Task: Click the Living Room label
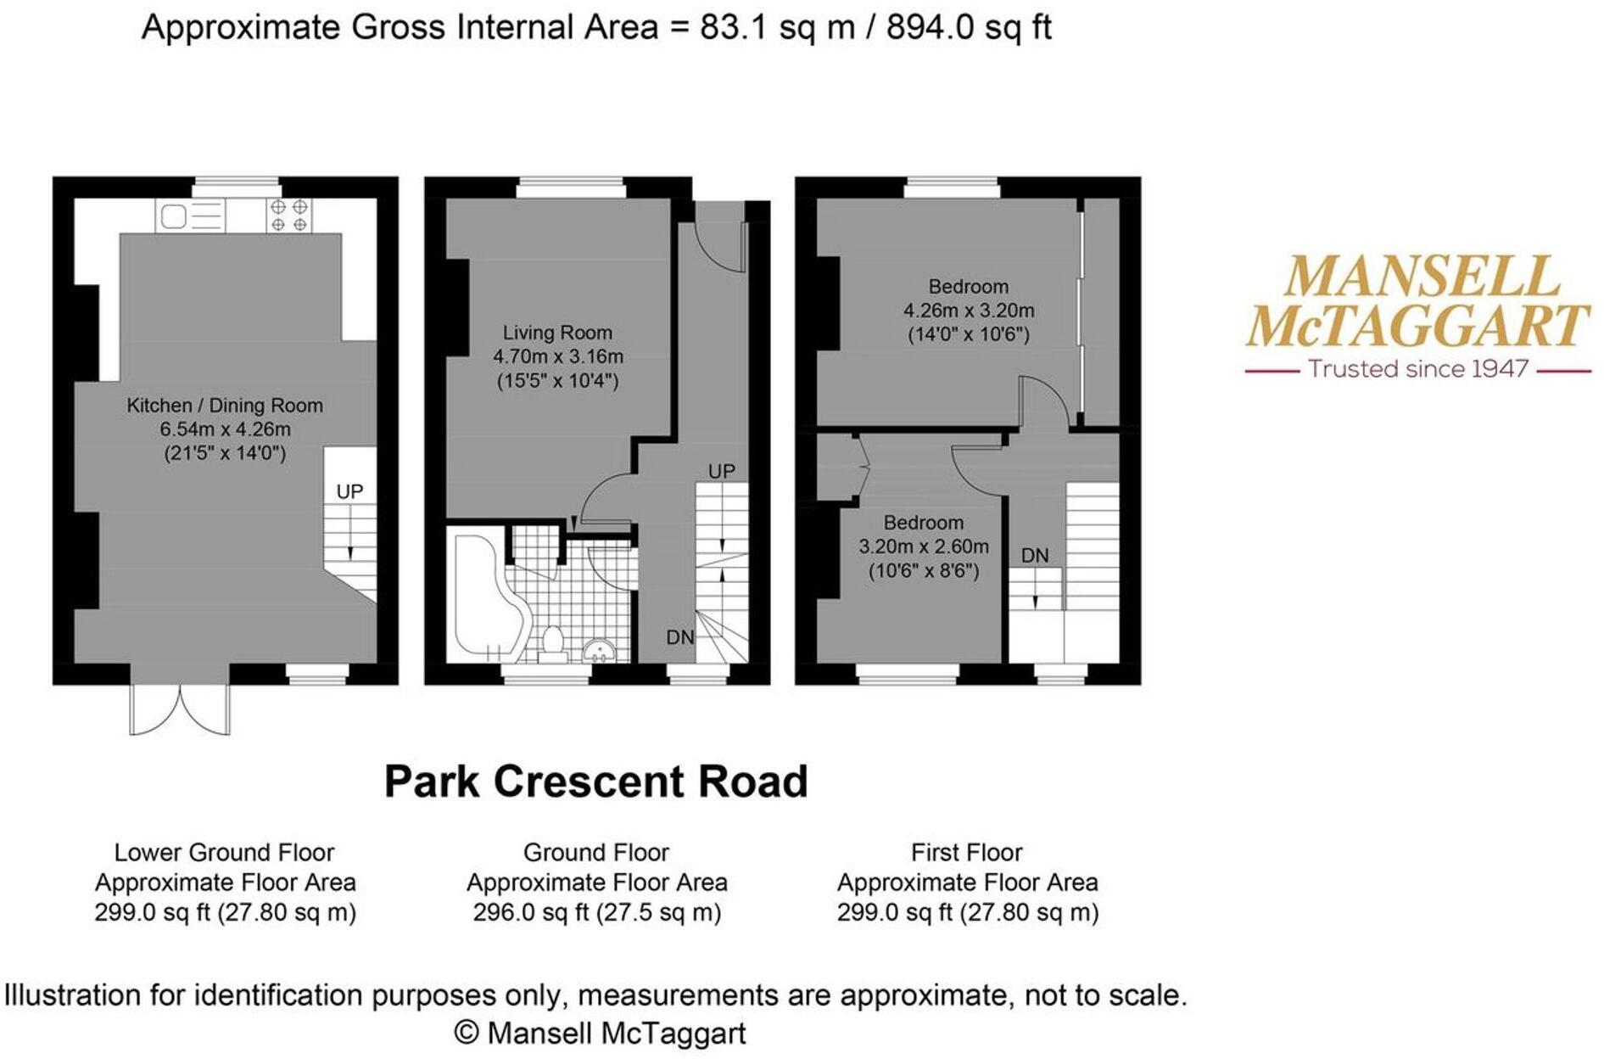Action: click(557, 333)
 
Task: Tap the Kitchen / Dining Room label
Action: click(225, 406)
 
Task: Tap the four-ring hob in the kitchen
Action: click(288, 215)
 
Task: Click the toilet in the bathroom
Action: click(553, 643)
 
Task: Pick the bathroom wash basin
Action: click(601, 650)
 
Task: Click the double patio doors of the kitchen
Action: click(180, 709)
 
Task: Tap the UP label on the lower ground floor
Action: click(349, 492)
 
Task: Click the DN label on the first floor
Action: click(1035, 556)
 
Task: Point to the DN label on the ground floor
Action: click(680, 637)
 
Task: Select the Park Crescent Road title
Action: click(596, 782)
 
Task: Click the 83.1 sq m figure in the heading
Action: click(777, 28)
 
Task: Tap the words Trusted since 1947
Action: click(1418, 369)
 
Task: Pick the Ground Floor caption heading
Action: click(596, 852)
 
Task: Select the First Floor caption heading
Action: click(967, 852)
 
